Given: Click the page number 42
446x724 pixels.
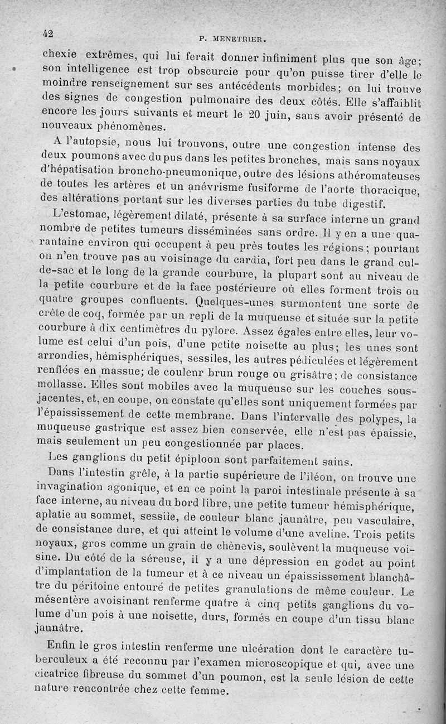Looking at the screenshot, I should [x=47, y=33].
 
